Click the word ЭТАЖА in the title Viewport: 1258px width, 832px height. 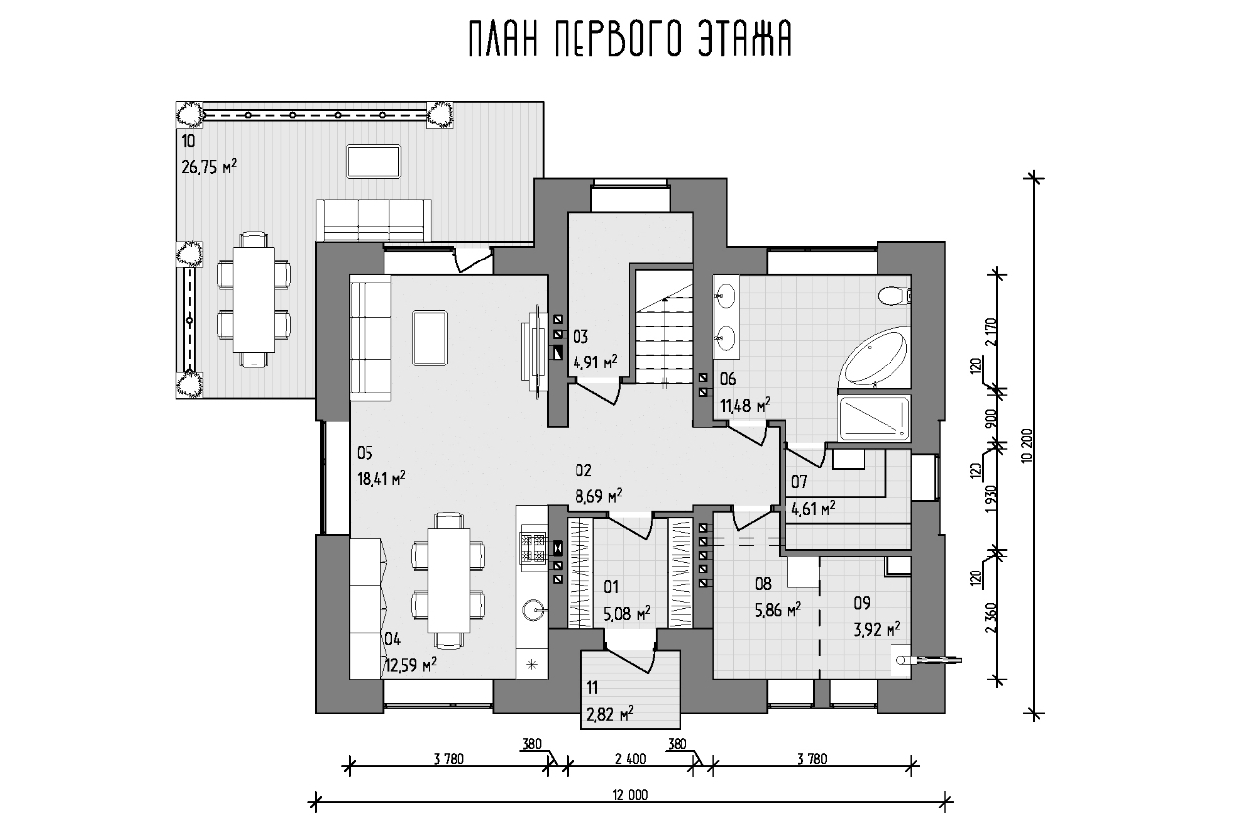tap(745, 40)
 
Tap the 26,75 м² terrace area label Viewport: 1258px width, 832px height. tap(209, 166)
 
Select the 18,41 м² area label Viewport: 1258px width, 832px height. tap(381, 478)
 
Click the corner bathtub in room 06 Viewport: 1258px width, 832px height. tap(874, 358)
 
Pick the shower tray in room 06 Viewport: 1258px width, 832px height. tap(874, 418)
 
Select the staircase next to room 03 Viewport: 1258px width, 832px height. tap(665, 327)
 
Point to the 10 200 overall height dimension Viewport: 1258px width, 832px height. tap(1027, 447)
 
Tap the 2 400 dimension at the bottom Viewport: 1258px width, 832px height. tap(631, 759)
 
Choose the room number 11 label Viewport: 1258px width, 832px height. tap(592, 687)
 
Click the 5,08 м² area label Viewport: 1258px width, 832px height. tap(627, 614)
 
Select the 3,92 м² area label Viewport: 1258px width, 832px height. tap(877, 629)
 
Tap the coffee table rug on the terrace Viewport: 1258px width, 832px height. tap(373, 161)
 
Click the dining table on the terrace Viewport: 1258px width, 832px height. tap(255, 299)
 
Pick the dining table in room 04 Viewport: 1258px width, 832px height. tap(449, 580)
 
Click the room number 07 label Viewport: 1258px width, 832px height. tap(799, 481)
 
